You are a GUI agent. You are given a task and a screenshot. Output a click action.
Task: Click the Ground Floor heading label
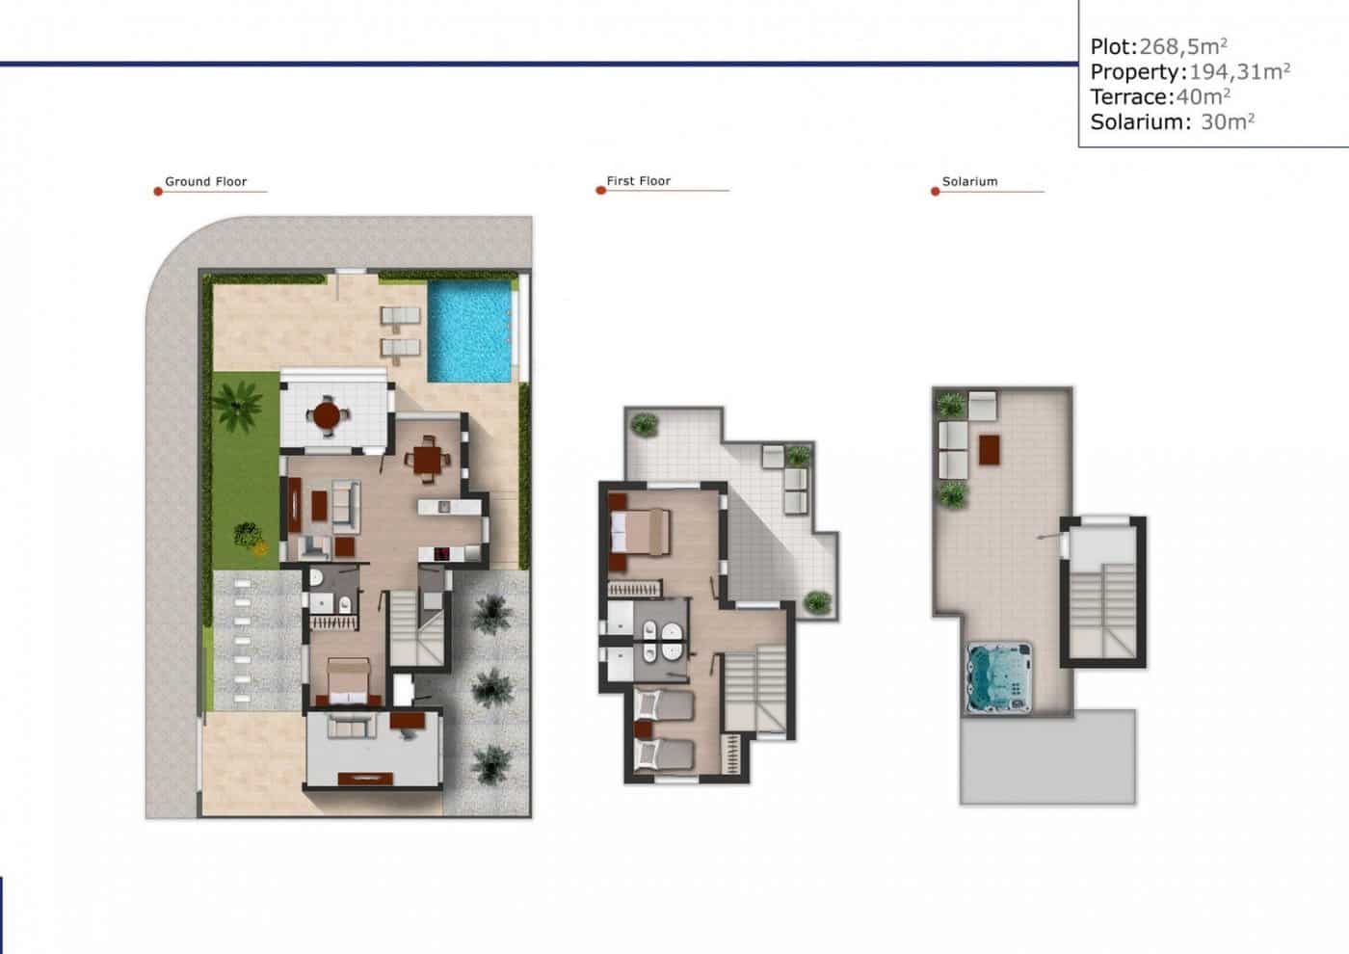205,181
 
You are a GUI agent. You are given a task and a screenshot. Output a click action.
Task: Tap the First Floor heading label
638,181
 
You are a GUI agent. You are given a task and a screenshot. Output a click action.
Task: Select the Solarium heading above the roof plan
969,181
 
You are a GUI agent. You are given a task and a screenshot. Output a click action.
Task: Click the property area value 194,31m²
1240,71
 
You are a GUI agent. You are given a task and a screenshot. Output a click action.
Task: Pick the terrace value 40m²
1204,96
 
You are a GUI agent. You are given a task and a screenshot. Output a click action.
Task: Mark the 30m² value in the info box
1228,121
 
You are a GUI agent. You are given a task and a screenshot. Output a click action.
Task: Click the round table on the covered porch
328,416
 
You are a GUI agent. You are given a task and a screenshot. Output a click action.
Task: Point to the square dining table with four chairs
426,459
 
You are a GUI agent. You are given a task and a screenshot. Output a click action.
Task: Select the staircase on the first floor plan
756,689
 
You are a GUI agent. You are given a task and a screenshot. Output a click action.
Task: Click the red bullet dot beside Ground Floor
158,192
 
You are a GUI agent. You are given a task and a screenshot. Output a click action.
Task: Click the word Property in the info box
1136,71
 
